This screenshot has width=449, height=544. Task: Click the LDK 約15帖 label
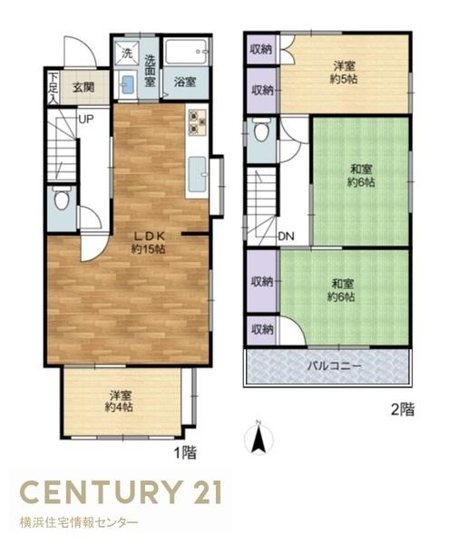148,242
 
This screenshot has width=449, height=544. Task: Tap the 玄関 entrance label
83,87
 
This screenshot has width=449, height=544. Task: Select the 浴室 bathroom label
185,83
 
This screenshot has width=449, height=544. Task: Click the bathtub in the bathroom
187,52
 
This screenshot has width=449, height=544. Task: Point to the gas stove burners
197,122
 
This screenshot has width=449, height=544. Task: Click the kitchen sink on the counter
198,174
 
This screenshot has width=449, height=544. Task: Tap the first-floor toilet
62,198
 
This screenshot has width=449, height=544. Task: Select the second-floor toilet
261,129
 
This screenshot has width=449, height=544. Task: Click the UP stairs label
86,120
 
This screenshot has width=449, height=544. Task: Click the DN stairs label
286,237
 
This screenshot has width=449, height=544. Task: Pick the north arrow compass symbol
259,437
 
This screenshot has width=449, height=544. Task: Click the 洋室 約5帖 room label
344,73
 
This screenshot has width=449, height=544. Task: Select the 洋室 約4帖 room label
120,401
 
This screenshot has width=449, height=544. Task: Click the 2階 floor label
403,410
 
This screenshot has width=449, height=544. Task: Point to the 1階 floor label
185,452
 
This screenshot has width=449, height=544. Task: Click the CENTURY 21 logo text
121,492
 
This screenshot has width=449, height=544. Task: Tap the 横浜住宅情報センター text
79,522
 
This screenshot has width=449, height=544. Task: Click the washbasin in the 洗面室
127,84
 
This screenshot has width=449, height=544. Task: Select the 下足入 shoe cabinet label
53,88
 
